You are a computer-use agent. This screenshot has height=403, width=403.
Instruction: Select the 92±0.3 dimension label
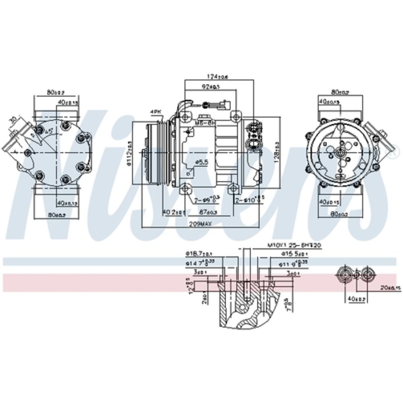(x=211, y=87)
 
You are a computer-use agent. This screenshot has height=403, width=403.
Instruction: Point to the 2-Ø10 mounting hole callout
(x=248, y=199)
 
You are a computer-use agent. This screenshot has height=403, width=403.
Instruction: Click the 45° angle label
(x=50, y=131)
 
